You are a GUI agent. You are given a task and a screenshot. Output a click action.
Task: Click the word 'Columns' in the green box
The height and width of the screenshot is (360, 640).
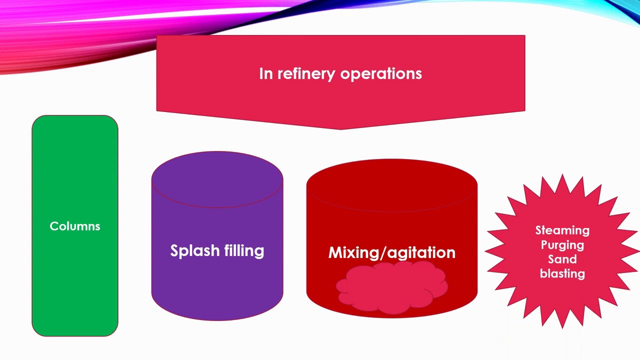point(75,226)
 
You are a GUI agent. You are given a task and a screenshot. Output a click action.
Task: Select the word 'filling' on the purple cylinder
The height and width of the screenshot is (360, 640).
point(244,250)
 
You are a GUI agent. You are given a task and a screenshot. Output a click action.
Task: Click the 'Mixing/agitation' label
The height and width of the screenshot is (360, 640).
point(391,252)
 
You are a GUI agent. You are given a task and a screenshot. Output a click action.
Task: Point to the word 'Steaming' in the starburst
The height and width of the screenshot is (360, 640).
point(562,230)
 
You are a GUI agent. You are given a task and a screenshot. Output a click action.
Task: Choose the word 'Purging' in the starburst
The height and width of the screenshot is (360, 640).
point(562,245)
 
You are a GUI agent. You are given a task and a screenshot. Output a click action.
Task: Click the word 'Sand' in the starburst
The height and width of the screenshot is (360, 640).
point(562,259)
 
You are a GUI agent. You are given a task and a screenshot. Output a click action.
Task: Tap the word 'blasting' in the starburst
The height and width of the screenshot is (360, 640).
point(562,273)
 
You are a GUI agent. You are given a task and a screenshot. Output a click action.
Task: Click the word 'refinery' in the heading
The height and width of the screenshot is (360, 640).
point(305,73)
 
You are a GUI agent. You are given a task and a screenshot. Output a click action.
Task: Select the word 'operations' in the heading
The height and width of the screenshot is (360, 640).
point(381,74)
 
